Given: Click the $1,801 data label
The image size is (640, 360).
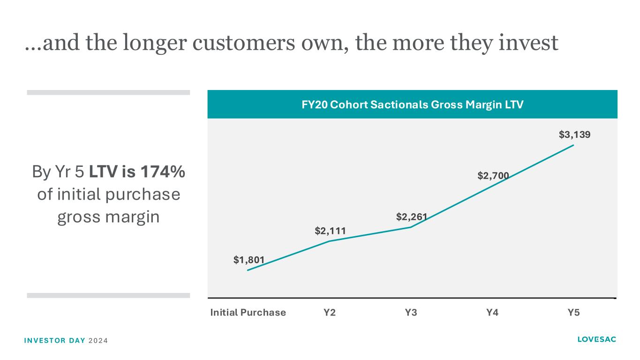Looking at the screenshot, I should coord(249,259).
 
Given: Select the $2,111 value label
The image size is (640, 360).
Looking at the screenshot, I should coord(330,230).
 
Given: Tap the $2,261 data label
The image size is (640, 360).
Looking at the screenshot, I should coord(411,216).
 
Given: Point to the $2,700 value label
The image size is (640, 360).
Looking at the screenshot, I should coord(493,175).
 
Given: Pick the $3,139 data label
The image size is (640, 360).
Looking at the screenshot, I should coord(574,135).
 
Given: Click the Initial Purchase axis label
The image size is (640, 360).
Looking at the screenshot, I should coord(248,313).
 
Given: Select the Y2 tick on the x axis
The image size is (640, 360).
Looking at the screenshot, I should coord(330,313).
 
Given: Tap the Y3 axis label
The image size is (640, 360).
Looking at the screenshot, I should coord(411,313).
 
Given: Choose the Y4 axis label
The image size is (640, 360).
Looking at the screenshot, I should coord(492,313).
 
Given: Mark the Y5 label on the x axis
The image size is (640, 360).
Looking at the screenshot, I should coord(573,313).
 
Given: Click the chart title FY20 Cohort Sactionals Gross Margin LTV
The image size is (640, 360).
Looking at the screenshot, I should coord(412,105).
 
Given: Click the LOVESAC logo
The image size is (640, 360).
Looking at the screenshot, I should coord(597,339).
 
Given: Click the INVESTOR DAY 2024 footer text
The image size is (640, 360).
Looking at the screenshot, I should coord(65,340).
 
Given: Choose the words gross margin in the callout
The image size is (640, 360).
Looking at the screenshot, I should coord(108,217).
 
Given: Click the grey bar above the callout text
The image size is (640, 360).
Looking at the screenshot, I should coord(108,92).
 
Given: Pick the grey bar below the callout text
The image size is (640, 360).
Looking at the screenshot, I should coord(108,295).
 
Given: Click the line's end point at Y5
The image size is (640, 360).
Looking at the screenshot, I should coord(573,145).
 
